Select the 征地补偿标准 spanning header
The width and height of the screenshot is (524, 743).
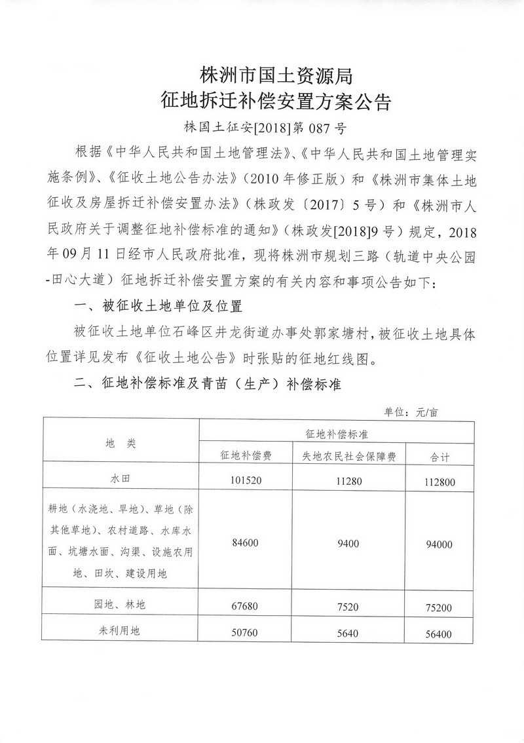337,434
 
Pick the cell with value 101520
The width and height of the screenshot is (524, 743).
245,480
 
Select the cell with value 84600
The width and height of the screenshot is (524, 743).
245,542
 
